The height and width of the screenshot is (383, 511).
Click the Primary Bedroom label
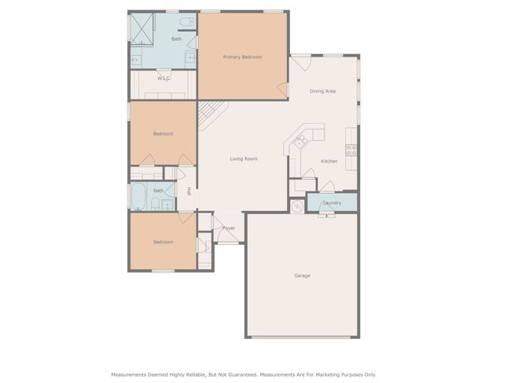[x=242, y=57]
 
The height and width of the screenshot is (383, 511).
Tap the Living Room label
[x=244, y=159]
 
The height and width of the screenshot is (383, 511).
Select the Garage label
[x=302, y=275]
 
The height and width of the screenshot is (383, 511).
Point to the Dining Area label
[x=322, y=91]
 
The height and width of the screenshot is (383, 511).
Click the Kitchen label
[x=329, y=161]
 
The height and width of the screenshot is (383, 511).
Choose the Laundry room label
[x=333, y=202]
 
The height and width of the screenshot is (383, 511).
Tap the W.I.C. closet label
[x=164, y=78]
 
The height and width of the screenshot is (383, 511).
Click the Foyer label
[x=229, y=228]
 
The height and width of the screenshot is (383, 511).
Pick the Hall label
[x=189, y=191]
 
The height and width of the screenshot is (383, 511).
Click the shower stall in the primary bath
[x=142, y=29]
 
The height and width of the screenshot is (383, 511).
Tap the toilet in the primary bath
[x=187, y=22]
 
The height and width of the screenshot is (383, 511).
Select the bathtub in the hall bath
[x=138, y=196]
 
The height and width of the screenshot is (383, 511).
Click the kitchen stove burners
[x=351, y=150]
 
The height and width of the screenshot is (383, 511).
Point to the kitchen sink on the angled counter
[x=300, y=142]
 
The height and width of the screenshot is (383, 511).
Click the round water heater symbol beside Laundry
[x=297, y=206]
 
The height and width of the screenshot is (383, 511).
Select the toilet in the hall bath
[x=155, y=204]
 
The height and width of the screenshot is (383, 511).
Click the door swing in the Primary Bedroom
[x=283, y=89]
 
